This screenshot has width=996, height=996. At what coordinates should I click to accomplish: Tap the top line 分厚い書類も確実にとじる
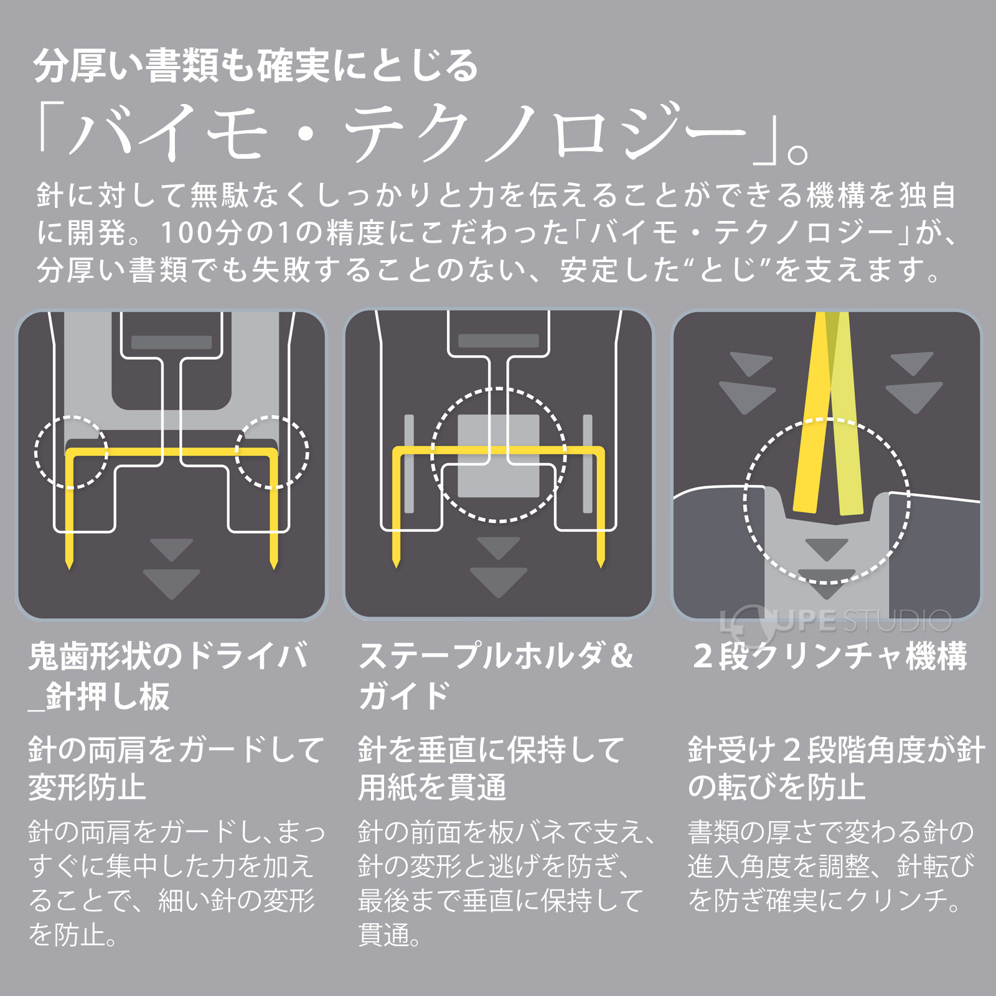(255, 66)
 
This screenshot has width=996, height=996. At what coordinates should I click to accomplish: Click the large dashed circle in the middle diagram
(499, 455)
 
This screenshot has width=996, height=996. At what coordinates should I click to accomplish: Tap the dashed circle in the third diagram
(827, 501)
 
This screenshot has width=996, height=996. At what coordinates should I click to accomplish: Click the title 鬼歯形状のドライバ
(168, 656)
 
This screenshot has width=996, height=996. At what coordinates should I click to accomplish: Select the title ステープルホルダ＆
(496, 656)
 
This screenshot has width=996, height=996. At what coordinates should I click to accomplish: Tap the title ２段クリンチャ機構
(830, 656)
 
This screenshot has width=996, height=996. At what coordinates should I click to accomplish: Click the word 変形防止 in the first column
(87, 787)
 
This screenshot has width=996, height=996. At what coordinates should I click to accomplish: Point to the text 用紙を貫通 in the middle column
(432, 787)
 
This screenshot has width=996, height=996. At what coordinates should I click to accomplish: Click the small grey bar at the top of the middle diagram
(498, 341)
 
